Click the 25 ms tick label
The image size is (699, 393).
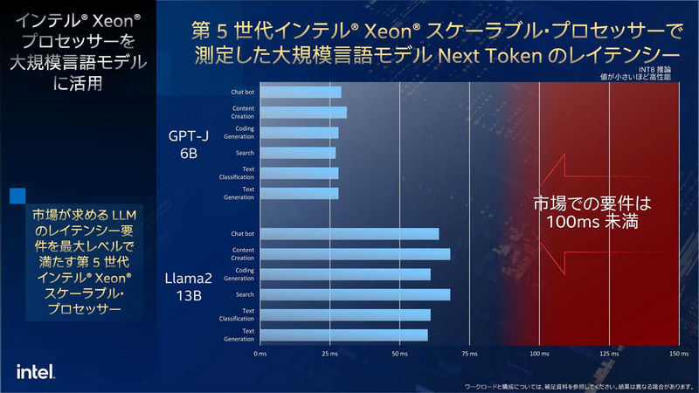(x=329, y=355)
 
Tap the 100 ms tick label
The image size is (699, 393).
(x=539, y=355)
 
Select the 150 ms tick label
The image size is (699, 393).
(x=679, y=355)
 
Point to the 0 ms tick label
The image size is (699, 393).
(x=260, y=355)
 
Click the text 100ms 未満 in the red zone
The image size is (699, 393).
(x=593, y=224)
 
